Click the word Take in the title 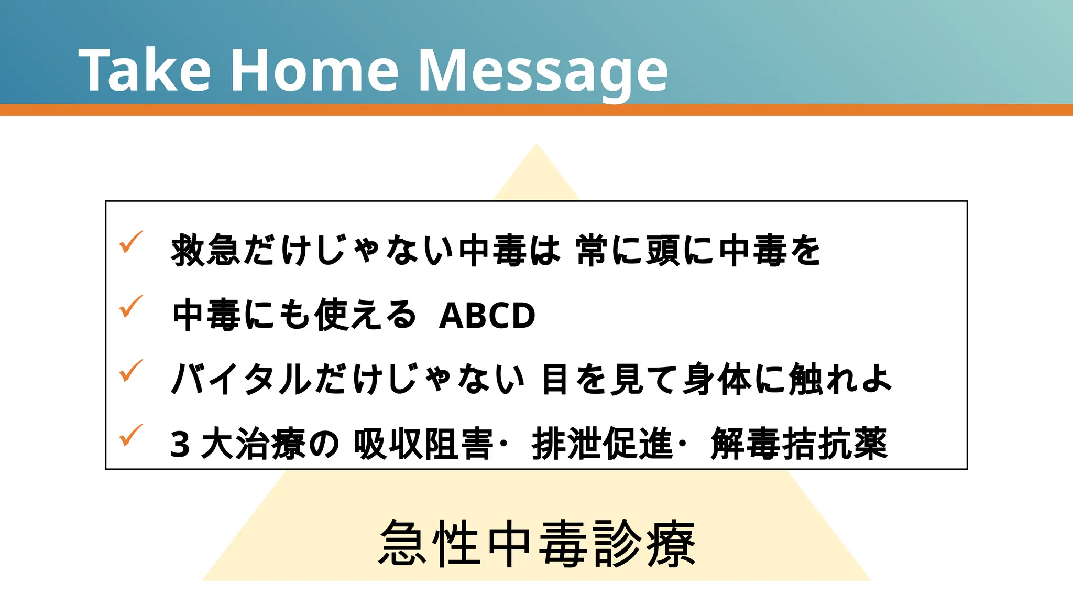(145, 70)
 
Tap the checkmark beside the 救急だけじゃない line (130, 242)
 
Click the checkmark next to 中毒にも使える (130, 306)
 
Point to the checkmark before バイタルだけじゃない (130, 371)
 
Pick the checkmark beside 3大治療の (130, 435)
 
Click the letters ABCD (487, 316)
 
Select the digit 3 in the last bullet (180, 445)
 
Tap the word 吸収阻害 (423, 444)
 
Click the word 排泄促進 (602, 444)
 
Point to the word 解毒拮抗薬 (799, 444)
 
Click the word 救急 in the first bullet (206, 250)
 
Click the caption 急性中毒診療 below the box (536, 544)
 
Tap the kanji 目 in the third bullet (555, 379)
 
